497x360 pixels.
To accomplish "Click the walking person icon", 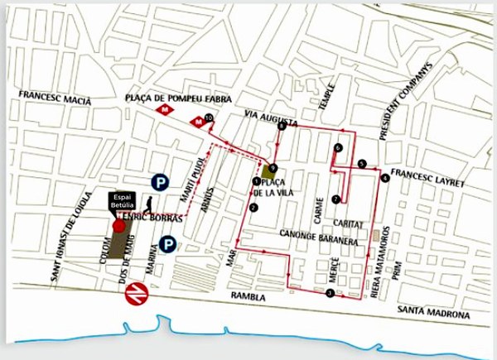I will (148, 205).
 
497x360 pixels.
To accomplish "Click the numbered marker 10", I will (209, 118).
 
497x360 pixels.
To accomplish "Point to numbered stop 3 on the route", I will (330, 293).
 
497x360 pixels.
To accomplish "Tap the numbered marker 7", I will (335, 199).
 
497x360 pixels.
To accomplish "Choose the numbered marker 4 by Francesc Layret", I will (384, 177).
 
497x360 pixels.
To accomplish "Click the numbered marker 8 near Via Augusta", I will (282, 126).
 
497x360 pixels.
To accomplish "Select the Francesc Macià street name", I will (55, 96).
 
